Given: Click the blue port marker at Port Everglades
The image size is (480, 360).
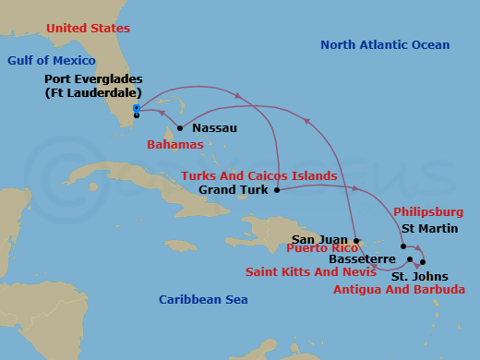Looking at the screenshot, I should pos(136,108).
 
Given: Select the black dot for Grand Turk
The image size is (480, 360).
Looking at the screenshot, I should pos(277,190).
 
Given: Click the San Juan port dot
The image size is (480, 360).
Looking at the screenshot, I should pos(355,239).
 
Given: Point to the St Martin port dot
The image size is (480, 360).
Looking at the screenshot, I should pos(403,246).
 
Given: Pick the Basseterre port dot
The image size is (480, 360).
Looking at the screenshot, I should pos(410,259).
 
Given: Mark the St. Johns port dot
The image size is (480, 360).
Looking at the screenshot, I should pos(423,263).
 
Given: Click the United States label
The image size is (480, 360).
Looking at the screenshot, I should pos(89,29).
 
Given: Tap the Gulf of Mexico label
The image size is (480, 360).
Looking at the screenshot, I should pos(45,60).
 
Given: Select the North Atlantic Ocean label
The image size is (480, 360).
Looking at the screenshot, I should pos(385,45).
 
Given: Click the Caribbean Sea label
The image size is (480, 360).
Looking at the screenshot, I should pos(203,299).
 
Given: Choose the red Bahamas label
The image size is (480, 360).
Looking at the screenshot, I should pos(174,146).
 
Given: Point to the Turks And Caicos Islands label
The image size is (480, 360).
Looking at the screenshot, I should pos(258,175).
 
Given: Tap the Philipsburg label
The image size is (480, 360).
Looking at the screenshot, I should pos(428,212).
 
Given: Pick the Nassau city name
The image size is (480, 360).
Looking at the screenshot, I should pos(215,128).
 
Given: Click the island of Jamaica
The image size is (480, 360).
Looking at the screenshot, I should pos(181,246).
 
